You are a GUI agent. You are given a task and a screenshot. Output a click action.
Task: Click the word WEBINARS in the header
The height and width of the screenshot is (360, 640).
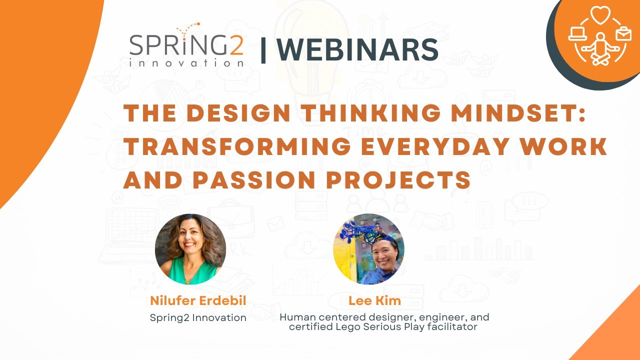coord(357,49)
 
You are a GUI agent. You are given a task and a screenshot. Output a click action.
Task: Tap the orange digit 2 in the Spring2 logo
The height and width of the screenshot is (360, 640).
coord(236,45)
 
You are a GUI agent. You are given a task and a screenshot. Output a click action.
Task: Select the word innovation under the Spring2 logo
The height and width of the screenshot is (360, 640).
coord(186,63)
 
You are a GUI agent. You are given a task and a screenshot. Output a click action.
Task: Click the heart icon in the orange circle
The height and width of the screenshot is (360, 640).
coord(600,15)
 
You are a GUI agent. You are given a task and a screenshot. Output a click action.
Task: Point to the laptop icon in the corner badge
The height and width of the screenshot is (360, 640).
coord(577,33)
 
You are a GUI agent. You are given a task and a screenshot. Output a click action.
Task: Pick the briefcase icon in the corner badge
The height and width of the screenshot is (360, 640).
coord(623,34)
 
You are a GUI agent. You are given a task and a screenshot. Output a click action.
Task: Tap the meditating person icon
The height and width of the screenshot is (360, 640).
coord(600,49)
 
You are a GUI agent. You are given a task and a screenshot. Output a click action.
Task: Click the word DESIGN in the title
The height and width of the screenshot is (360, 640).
coord(238,113)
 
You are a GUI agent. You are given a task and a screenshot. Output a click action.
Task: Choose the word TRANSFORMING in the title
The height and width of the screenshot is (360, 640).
coord(237,146)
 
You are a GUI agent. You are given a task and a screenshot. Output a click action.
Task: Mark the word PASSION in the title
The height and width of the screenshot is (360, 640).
coord(254,180)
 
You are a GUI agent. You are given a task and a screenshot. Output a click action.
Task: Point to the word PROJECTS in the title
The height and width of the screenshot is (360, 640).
coord(398,180)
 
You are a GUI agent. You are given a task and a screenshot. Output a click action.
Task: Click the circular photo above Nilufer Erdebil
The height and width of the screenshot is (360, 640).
coord(190,249)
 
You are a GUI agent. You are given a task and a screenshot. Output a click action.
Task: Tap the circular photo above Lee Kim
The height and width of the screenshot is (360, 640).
coord(368,249)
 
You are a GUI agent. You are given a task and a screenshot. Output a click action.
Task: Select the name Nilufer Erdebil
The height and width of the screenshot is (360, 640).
coord(198,300)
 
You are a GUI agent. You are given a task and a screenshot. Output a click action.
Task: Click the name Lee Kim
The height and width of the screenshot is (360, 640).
coord(374,300)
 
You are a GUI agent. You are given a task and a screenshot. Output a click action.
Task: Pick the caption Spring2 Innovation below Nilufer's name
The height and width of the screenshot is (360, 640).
coord(198,317)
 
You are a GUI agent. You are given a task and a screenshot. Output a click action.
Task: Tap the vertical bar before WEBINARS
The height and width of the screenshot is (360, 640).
coord(263,50)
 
